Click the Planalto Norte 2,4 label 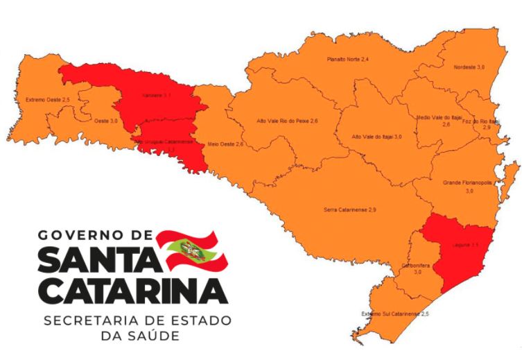pos(347,60)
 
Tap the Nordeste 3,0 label pos(469,67)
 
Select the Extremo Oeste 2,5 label pos(48,100)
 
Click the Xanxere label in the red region pos(156,94)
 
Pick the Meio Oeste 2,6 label pos(225,144)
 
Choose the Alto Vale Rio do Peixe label pos(287,121)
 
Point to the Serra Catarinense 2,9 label pos(350,209)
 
